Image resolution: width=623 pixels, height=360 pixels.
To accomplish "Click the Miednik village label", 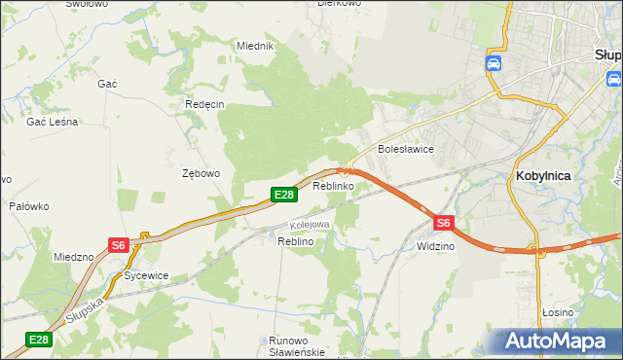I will point(256,46).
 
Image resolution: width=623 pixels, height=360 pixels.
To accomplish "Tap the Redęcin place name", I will point(204,104).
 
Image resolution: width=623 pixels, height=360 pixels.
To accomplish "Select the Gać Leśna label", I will point(53,122).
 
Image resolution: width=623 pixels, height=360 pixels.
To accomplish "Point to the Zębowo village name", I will point(202,173).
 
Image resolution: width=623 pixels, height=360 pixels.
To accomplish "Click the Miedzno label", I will point(74,257).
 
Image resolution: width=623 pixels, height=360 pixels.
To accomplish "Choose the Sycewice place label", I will point(146,275).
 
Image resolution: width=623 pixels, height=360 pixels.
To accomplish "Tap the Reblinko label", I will point(332,186).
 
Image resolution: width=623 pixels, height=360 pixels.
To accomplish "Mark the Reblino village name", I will point(295,240).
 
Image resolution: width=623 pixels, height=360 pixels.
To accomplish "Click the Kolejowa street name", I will point(310,225).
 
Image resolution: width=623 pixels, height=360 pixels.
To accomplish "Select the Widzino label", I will point(435,246).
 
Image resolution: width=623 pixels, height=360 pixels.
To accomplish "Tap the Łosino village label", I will point(557,311).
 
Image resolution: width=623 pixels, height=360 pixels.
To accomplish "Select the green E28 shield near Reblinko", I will point(283,196).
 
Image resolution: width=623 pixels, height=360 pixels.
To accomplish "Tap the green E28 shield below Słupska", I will point(38,340).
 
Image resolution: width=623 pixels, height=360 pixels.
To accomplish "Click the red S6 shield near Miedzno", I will point(118,245).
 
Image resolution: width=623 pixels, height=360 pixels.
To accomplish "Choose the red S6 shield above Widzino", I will point(443,223).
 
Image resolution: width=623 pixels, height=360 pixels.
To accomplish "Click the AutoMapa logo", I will point(558,342).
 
